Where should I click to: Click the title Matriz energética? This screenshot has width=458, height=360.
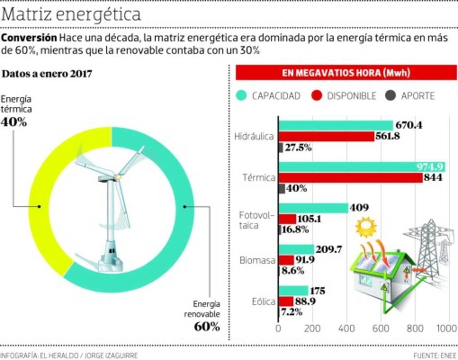click(72, 15)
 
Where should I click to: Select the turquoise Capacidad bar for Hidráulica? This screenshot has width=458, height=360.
click(336, 125)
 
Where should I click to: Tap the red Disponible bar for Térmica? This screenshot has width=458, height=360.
click(350, 178)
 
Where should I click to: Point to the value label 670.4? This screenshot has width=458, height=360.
click(409, 125)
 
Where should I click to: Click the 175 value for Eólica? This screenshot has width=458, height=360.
click(317, 291)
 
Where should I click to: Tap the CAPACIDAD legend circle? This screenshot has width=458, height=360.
click(241, 96)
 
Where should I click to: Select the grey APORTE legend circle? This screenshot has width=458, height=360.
click(390, 96)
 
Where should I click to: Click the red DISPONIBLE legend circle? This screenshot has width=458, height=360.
click(317, 96)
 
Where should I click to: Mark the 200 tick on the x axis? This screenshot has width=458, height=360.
click(312, 328)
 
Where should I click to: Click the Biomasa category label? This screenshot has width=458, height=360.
click(257, 260)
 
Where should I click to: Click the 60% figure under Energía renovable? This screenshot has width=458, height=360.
click(207, 326)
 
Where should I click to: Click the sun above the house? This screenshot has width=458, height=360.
click(366, 227)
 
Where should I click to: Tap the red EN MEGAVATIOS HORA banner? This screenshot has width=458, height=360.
click(346, 73)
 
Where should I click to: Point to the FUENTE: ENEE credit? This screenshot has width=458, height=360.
click(435, 355)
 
